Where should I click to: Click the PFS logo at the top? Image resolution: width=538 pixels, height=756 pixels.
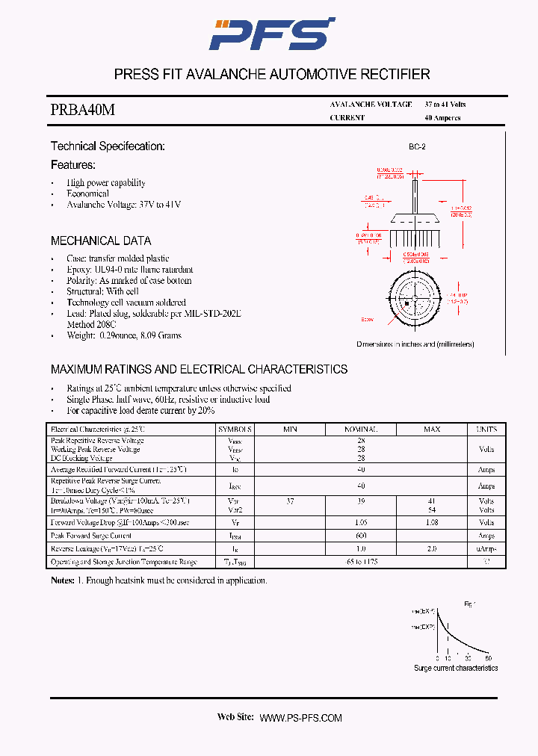pos(270,34)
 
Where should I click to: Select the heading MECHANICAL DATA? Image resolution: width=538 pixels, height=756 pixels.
pos(101,241)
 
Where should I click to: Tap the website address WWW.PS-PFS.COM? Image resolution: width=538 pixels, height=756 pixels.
pos(300,718)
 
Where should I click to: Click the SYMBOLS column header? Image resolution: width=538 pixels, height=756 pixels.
pos(235,430)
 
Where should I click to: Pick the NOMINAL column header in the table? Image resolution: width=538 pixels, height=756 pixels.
pos(360,430)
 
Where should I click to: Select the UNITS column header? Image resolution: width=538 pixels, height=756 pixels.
pos(486,430)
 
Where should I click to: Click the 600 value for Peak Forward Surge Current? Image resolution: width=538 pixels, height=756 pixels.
pos(360,536)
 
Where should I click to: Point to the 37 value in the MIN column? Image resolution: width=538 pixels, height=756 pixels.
pos(290,501)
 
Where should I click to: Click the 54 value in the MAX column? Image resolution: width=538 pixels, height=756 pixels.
pos(431,509)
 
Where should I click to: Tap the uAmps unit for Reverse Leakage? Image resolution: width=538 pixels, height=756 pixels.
pos(486,549)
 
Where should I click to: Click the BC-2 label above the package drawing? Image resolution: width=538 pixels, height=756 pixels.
pos(417,147)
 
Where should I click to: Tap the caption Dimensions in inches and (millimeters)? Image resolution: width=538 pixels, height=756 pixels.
pos(415,344)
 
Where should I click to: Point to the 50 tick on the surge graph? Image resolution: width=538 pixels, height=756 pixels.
pos(488,658)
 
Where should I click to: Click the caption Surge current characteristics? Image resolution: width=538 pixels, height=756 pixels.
pos(456,668)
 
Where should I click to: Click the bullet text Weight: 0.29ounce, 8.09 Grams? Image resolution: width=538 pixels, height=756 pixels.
pos(124,336)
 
